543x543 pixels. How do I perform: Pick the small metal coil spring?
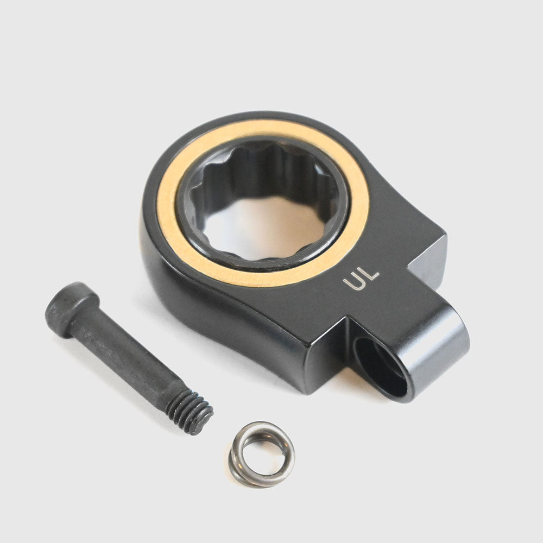(262, 454)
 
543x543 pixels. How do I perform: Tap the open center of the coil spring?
(262, 452)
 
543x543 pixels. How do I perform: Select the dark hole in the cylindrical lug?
(379, 367)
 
